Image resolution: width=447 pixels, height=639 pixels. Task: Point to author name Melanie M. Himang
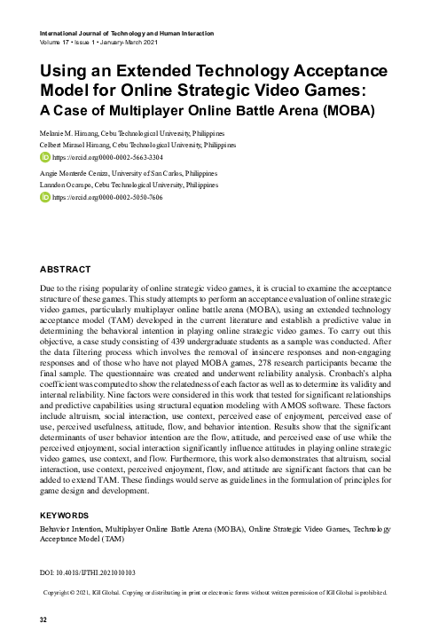[x=74, y=131]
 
